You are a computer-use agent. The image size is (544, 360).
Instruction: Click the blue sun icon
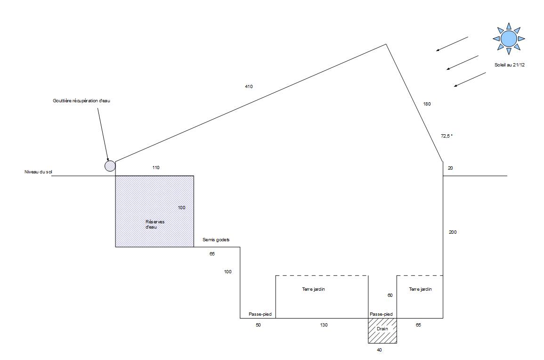tap(509, 39)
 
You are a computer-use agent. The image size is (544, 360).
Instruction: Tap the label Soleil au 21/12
tap(509, 65)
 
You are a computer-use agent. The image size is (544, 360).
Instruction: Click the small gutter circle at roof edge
tap(110, 166)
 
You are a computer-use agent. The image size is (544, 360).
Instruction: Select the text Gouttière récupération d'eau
tap(81, 101)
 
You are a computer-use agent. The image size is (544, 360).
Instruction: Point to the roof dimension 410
tap(249, 86)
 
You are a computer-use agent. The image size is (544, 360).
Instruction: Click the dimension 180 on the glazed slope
tap(427, 104)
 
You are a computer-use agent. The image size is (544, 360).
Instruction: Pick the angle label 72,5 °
tap(447, 136)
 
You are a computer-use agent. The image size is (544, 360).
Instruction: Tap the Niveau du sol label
tap(38, 172)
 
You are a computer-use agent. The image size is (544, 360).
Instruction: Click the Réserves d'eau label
tap(155, 224)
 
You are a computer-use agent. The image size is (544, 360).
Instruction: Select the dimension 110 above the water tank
tap(156, 168)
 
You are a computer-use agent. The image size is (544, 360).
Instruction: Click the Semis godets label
tap(216, 240)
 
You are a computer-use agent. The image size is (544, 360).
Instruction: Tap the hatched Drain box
tap(382, 331)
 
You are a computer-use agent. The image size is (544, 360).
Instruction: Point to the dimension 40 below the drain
tap(379, 350)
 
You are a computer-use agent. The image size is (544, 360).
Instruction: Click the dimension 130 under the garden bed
tap(324, 325)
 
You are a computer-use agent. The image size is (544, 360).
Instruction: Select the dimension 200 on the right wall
tap(453, 232)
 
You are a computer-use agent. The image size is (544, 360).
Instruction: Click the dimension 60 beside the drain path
tap(390, 295)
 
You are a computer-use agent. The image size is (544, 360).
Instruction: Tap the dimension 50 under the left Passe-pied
tap(258, 325)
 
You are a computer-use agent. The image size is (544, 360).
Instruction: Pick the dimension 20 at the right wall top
tap(450, 168)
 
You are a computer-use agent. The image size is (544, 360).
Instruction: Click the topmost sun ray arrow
tap(452, 44)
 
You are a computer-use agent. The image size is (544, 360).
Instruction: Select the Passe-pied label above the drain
tap(382, 314)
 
